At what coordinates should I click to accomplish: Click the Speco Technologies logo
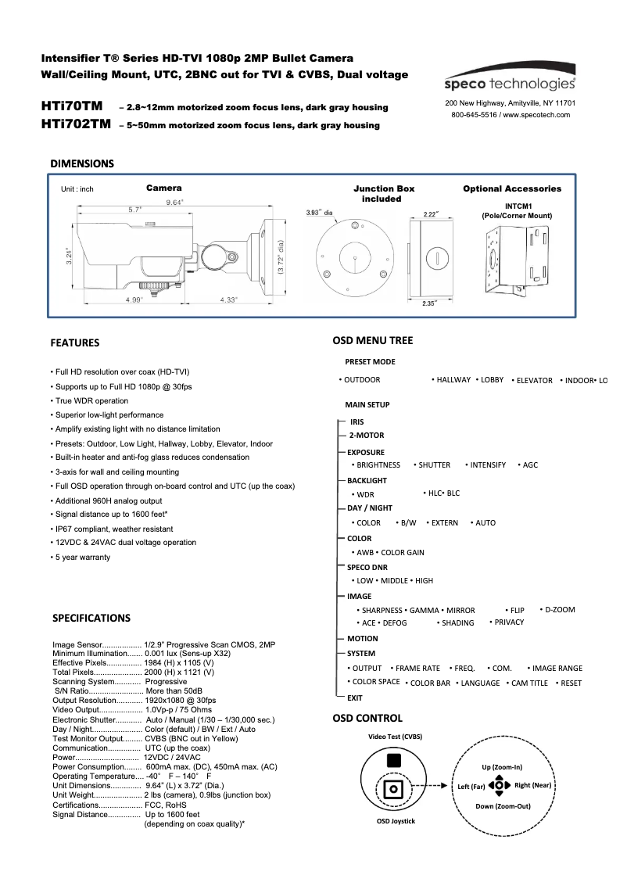510,83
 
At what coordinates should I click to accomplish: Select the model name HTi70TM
71,106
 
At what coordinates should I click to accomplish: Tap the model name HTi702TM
76,124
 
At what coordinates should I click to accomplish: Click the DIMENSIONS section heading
82,163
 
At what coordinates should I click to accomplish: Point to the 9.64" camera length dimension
174,202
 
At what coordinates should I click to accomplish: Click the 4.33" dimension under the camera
229,300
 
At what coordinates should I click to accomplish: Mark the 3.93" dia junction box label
320,212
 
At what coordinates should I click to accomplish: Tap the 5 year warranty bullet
81,558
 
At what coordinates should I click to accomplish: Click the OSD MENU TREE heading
372,341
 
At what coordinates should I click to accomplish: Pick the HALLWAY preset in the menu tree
453,380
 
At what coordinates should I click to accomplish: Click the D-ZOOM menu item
559,610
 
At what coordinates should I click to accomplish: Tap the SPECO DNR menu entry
367,567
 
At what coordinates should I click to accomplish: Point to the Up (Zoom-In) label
501,767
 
